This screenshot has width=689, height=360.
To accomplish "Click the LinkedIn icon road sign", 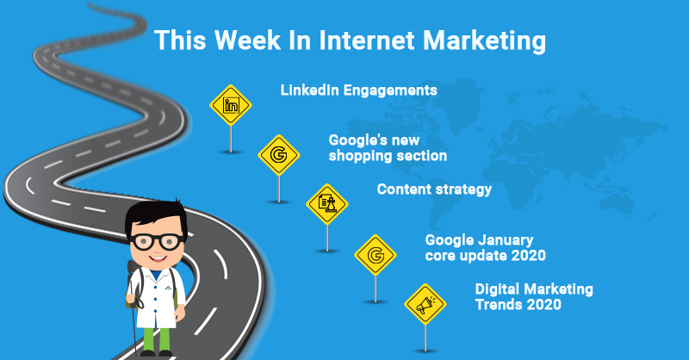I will click(231, 106).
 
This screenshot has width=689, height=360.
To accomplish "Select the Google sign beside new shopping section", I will click(279, 155).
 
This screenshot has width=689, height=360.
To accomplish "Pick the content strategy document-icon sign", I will click(327, 204).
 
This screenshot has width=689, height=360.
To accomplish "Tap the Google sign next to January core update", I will click(376, 255).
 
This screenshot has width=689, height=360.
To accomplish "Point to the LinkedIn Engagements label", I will click(358, 90).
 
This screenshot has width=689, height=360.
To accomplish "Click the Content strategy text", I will click(434, 189).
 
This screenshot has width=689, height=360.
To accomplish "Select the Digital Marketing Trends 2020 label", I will click(534, 296).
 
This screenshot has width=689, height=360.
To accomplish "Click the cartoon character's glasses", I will click(155, 240).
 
